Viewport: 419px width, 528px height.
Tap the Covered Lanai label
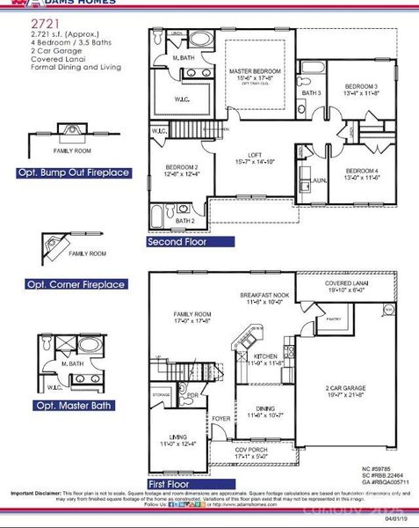(343, 285)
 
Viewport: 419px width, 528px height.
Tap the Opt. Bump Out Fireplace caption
(85, 173)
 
